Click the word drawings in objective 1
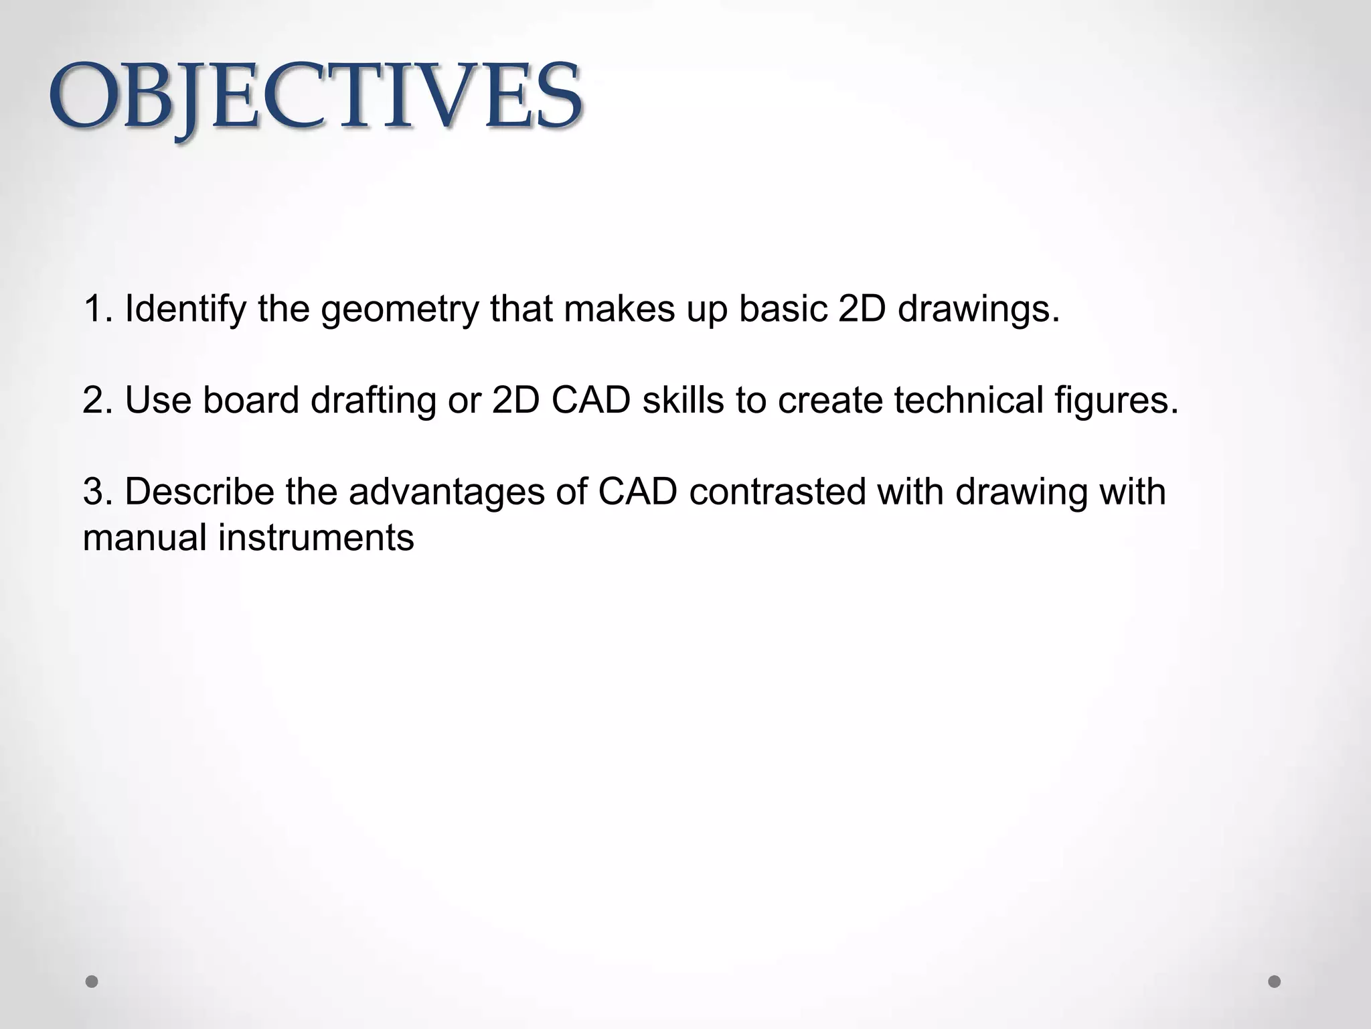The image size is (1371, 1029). click(x=979, y=310)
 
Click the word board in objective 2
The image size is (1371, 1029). click(x=250, y=400)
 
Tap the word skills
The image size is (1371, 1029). click(x=683, y=400)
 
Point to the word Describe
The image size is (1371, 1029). click(x=199, y=491)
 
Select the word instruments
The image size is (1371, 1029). click(x=316, y=537)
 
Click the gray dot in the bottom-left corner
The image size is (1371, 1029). click(x=92, y=981)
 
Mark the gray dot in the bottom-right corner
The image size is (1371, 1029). click(x=1275, y=981)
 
